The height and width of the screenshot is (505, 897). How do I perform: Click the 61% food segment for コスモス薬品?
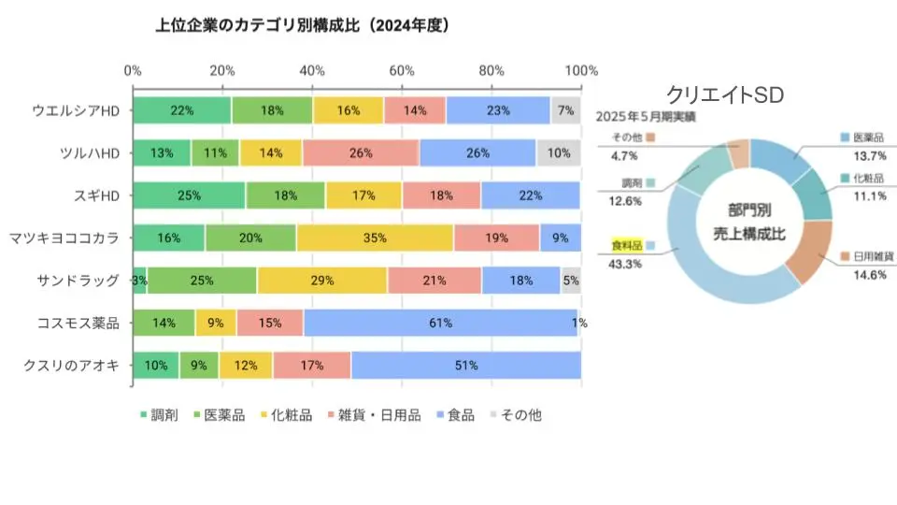(440, 323)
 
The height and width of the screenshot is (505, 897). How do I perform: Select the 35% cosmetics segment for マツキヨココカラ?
(375, 238)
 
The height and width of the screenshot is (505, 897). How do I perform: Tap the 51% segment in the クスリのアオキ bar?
(465, 366)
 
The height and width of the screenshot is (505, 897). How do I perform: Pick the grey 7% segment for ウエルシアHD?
(565, 109)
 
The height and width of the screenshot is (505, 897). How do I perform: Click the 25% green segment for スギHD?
(189, 195)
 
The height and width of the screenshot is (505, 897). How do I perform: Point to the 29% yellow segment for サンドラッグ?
(322, 281)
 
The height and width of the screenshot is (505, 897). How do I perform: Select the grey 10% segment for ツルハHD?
(558, 152)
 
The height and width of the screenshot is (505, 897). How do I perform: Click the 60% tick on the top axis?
(402, 71)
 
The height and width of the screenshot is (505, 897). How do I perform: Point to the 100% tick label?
(581, 71)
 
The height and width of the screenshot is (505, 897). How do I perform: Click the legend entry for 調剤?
(159, 414)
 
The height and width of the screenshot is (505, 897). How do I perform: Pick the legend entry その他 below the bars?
(516, 414)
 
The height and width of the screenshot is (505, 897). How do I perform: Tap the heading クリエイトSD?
(724, 94)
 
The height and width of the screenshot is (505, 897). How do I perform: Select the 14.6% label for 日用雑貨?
(863, 274)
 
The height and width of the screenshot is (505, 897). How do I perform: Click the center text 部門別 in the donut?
(750, 211)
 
